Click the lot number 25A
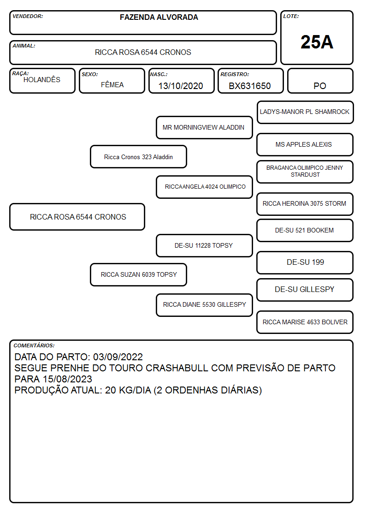(x=317, y=42)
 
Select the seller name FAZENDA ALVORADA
(x=159, y=17)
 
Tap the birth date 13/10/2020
(x=181, y=86)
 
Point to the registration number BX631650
(x=249, y=86)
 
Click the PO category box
(x=320, y=81)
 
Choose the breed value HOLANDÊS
(x=42, y=79)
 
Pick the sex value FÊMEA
(x=112, y=84)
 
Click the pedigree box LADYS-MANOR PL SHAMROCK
(x=305, y=113)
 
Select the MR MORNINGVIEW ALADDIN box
(x=204, y=127)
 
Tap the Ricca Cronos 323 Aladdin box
(x=139, y=157)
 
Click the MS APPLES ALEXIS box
(x=305, y=145)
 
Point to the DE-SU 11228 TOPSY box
(x=204, y=245)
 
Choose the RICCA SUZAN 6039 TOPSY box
(x=139, y=274)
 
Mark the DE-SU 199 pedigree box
(x=305, y=262)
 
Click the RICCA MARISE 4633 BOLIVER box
(x=305, y=322)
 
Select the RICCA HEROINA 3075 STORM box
(x=305, y=204)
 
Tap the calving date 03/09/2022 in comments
(x=118, y=357)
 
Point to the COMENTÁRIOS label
(x=34, y=345)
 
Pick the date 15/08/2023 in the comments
(x=67, y=379)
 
